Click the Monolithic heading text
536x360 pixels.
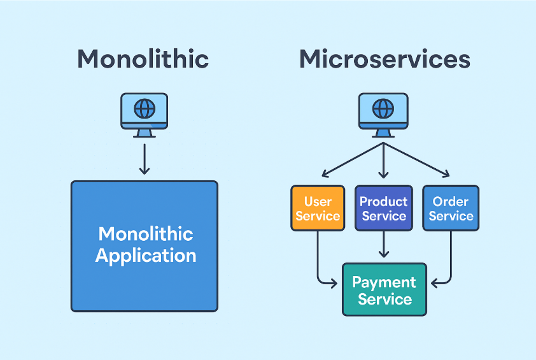[x=143, y=59]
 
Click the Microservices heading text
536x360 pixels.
[x=384, y=59]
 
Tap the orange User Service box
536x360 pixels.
[x=318, y=208]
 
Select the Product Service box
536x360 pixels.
[x=384, y=208]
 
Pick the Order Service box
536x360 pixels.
[x=451, y=208]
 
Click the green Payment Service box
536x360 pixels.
[x=384, y=289]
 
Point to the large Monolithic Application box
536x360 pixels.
[x=145, y=247]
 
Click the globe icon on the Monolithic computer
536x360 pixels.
[x=145, y=109]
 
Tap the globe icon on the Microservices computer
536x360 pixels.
[x=383, y=109]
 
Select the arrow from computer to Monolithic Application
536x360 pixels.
[x=145, y=159]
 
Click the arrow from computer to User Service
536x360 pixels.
[x=353, y=160]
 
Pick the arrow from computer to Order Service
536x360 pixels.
[x=416, y=160]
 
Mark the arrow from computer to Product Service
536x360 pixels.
[x=384, y=160]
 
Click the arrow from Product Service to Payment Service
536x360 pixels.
[x=384, y=244]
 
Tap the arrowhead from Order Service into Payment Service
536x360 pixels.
[x=435, y=284]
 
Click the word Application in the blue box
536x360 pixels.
[x=146, y=256]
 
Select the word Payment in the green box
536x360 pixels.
[x=384, y=282]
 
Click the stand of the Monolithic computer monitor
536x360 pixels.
[x=145, y=133]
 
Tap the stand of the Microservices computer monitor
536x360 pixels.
[x=383, y=133]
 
